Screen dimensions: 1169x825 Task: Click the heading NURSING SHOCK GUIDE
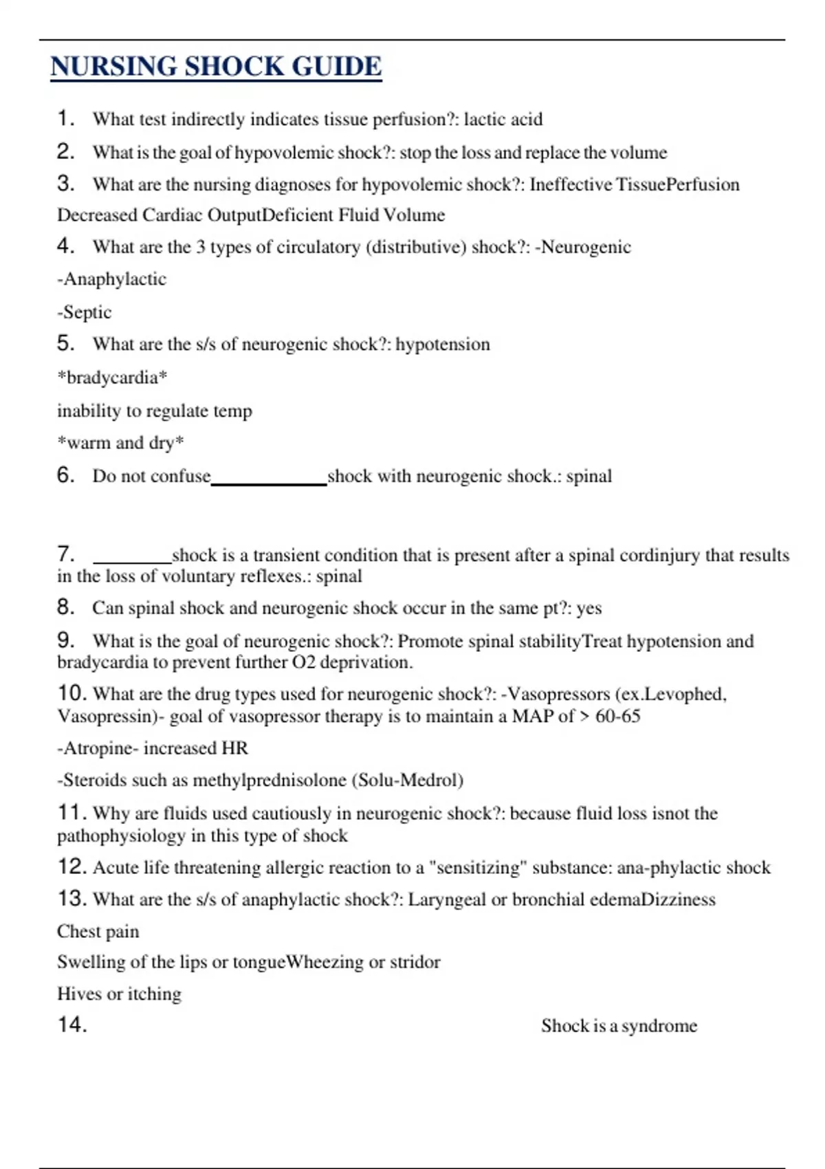point(216,67)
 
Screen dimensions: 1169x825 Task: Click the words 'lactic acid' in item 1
point(503,120)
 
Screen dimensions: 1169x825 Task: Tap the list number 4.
point(65,246)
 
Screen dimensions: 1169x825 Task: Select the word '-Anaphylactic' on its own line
point(112,279)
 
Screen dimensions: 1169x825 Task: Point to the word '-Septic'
point(85,312)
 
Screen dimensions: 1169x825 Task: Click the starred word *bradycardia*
point(112,378)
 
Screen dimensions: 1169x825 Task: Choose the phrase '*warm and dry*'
point(120,443)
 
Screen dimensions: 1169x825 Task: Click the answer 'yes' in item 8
point(588,609)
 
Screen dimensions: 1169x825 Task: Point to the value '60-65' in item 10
point(618,717)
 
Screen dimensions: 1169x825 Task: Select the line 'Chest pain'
point(98,932)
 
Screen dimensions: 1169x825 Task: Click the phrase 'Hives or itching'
point(120,994)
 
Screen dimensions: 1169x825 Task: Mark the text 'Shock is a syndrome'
point(619,1026)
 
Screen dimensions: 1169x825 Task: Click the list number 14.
point(72,1025)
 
